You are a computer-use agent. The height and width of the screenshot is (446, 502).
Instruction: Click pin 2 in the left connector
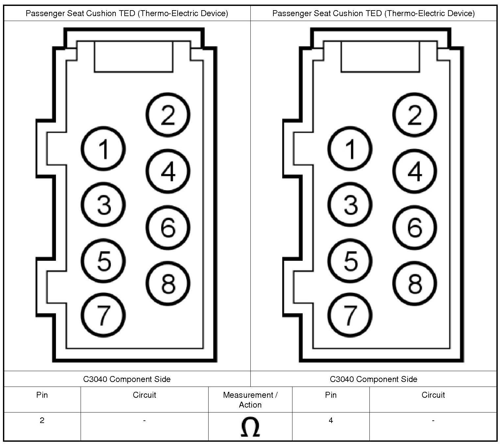[x=168, y=115]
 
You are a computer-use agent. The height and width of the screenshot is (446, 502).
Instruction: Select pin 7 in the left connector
[x=103, y=315]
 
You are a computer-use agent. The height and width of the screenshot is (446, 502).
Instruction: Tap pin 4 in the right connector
[x=414, y=171]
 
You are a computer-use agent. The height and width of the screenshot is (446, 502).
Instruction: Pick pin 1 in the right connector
[x=350, y=148]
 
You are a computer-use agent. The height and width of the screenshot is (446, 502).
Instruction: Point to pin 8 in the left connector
[x=168, y=283]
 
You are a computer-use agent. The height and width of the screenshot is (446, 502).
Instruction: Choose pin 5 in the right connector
[x=350, y=261]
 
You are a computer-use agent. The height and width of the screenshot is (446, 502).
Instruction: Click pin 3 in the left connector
[x=103, y=205]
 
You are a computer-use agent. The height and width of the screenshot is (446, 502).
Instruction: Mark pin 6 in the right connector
[x=414, y=227]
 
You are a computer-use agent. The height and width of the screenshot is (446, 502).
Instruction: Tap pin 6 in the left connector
[x=168, y=227]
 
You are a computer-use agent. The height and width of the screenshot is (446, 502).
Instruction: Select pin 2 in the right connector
[x=414, y=115]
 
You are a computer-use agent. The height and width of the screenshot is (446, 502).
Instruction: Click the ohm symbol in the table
[x=250, y=427]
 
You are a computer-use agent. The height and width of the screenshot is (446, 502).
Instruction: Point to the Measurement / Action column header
[x=250, y=399]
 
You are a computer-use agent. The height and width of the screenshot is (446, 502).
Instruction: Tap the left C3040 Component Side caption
[x=127, y=379]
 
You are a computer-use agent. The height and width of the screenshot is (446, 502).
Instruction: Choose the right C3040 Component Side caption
[x=373, y=379]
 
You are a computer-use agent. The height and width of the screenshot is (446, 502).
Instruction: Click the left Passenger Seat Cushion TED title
[x=127, y=13]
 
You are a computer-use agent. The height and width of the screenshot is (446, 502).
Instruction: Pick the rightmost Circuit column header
[x=433, y=395]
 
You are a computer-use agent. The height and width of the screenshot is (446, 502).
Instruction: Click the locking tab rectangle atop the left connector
[x=134, y=56]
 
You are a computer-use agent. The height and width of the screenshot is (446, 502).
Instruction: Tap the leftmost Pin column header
[x=42, y=395]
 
